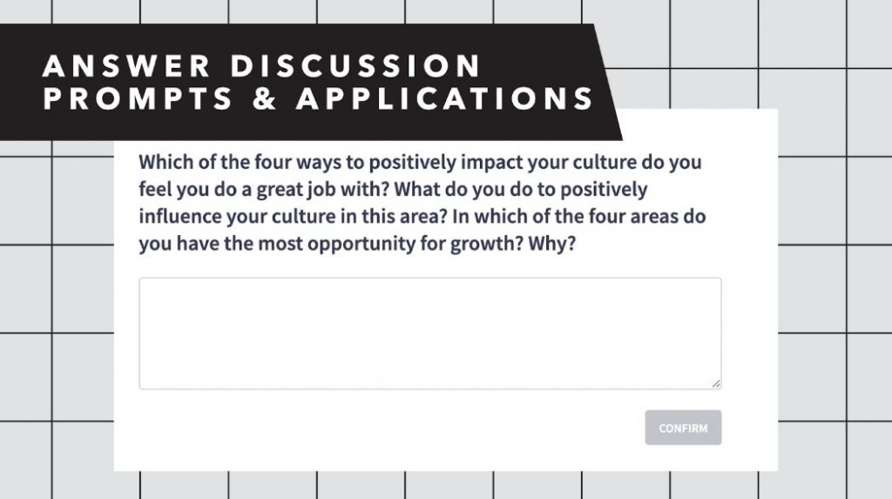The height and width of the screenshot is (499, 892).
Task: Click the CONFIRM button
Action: pyautogui.click(x=683, y=428)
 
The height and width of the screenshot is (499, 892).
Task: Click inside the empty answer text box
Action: pyautogui.click(x=430, y=334)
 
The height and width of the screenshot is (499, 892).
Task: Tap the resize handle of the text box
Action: pyautogui.click(x=716, y=383)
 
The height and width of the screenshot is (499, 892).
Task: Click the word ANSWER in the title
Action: pyautogui.click(x=126, y=65)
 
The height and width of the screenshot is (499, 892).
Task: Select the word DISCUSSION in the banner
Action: pyautogui.click(x=356, y=65)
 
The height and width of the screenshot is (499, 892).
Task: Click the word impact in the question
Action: pyautogui.click(x=491, y=162)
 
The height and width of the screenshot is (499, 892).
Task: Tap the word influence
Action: pyautogui.click(x=180, y=216)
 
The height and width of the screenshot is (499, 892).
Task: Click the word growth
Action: pyautogui.click(x=486, y=244)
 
